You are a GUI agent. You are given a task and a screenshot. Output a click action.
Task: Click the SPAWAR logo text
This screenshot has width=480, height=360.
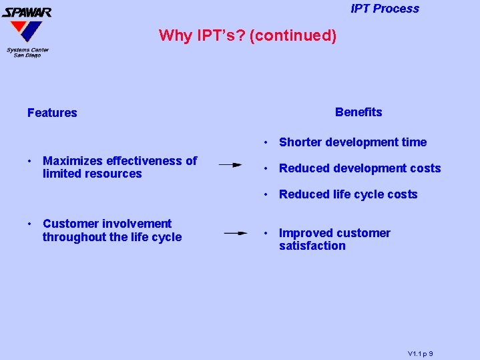click(27, 11)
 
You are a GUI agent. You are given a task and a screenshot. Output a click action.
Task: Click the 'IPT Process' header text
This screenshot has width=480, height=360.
click(385, 9)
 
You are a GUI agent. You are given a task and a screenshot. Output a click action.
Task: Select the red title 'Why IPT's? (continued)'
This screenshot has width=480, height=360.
click(248, 35)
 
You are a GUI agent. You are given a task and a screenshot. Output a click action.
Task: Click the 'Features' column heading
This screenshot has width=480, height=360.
click(52, 113)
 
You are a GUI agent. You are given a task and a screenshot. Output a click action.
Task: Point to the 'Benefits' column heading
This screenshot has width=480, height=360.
click(358, 112)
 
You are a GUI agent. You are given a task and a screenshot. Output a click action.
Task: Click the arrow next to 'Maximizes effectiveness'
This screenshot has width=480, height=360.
click(230, 164)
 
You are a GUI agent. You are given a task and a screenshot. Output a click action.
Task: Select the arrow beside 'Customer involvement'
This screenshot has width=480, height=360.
click(236, 233)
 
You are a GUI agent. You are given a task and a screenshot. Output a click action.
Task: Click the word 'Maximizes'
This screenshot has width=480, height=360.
click(71, 161)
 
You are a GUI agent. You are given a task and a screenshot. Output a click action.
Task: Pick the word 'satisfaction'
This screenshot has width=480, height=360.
click(312, 246)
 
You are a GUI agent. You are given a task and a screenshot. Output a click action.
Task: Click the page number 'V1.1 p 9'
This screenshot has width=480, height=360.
click(421, 353)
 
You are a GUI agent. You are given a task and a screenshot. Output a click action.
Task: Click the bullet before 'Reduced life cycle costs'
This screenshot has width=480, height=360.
click(266, 194)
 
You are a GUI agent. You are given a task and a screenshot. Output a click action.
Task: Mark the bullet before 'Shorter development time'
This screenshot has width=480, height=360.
click(266, 142)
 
